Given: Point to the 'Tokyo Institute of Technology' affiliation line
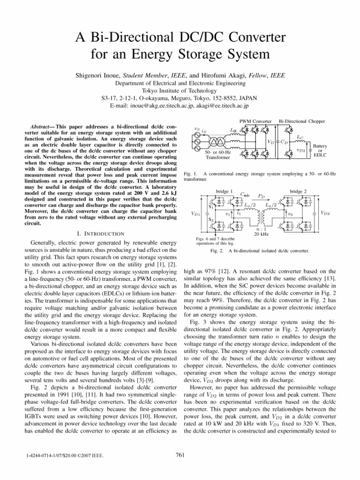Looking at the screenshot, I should tap(180, 90).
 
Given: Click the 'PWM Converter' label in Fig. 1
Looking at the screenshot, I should tap(255, 121).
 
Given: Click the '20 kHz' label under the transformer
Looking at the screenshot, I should tap(261, 234).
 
